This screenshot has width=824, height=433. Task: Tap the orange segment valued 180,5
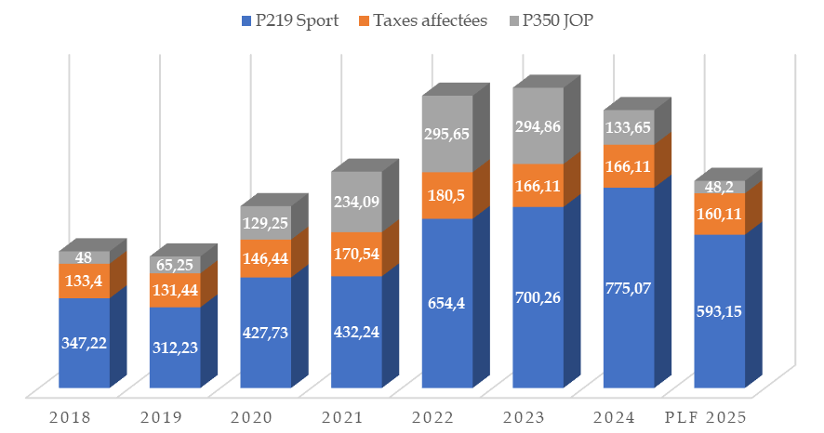(x=447, y=195)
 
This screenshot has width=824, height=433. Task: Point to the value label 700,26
(x=538, y=297)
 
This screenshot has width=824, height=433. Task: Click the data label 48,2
(x=719, y=187)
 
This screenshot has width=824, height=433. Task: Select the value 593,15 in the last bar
(x=719, y=311)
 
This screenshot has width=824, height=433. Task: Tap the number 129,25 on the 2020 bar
(x=265, y=224)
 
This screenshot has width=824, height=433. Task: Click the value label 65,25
(x=174, y=265)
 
